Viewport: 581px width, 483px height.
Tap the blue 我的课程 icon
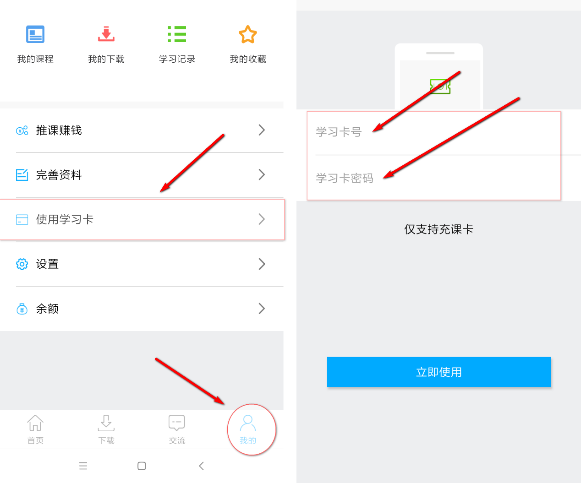35,34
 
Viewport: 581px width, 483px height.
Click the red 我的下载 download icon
106,34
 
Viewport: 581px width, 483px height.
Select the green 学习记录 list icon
177,34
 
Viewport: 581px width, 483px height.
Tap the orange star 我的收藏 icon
247,34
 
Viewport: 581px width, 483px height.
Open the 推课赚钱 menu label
59,130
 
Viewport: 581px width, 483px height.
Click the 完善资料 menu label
59,175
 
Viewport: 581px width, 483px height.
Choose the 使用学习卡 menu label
65,219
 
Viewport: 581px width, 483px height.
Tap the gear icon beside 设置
22,264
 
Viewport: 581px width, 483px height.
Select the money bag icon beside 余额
22,309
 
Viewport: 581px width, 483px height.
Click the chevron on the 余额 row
262,309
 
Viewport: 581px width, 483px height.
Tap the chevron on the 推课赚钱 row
262,130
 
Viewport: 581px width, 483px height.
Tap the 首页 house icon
35,423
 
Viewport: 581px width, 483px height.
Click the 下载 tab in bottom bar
106,429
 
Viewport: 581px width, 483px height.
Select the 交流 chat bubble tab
177,429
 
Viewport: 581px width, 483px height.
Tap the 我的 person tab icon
247,423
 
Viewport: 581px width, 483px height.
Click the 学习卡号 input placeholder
339,132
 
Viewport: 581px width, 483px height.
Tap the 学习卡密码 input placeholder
345,178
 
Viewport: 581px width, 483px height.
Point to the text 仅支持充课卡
439,229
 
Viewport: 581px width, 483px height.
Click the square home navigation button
142,466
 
